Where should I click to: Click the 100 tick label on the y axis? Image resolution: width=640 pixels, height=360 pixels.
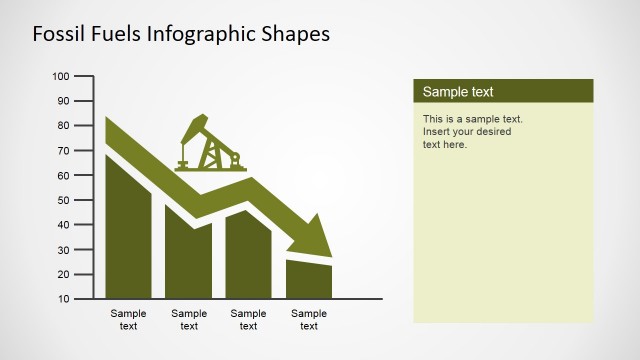tap(60, 76)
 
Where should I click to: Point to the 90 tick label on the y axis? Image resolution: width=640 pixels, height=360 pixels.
tap(62, 101)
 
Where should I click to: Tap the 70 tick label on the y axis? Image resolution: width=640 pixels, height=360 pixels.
tap(62, 150)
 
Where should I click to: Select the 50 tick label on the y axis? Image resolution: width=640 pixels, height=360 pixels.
tap(62, 200)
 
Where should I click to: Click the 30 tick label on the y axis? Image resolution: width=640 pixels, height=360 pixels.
tap(62, 249)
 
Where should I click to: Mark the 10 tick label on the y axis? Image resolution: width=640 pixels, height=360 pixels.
tap(62, 298)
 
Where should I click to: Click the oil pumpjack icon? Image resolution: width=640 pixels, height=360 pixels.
tap(210, 145)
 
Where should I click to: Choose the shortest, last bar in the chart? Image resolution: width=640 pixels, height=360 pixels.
tap(308, 280)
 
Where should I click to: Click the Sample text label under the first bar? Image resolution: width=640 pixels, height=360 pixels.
tap(128, 319)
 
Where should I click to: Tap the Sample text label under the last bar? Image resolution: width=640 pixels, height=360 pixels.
tap(309, 319)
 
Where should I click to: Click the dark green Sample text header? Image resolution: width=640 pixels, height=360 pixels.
tap(503, 92)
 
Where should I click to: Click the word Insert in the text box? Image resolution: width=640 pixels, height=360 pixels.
tap(438, 132)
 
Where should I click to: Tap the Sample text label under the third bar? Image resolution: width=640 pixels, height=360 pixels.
tap(248, 319)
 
